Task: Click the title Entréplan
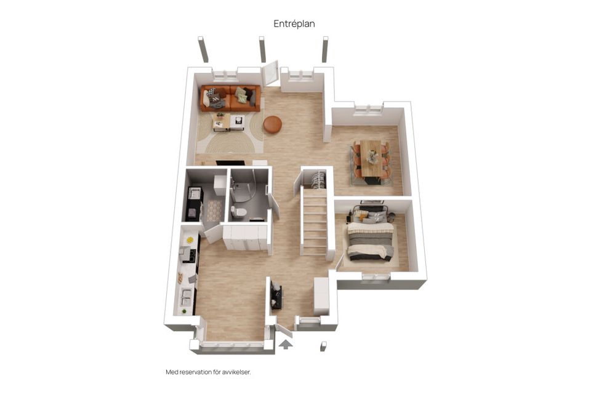[x=294, y=24]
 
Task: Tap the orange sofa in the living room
[x=230, y=98]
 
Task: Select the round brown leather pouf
[x=273, y=124]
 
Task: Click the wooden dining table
[x=372, y=158]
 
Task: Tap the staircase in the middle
[x=315, y=222]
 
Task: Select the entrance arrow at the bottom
[x=286, y=344]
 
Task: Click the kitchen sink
[x=187, y=296]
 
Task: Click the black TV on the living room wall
[x=230, y=163]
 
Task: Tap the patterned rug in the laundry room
[x=214, y=211]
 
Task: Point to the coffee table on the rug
[x=228, y=123]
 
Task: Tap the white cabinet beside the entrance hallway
[x=321, y=296]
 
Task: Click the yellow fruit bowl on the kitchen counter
[x=190, y=240]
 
